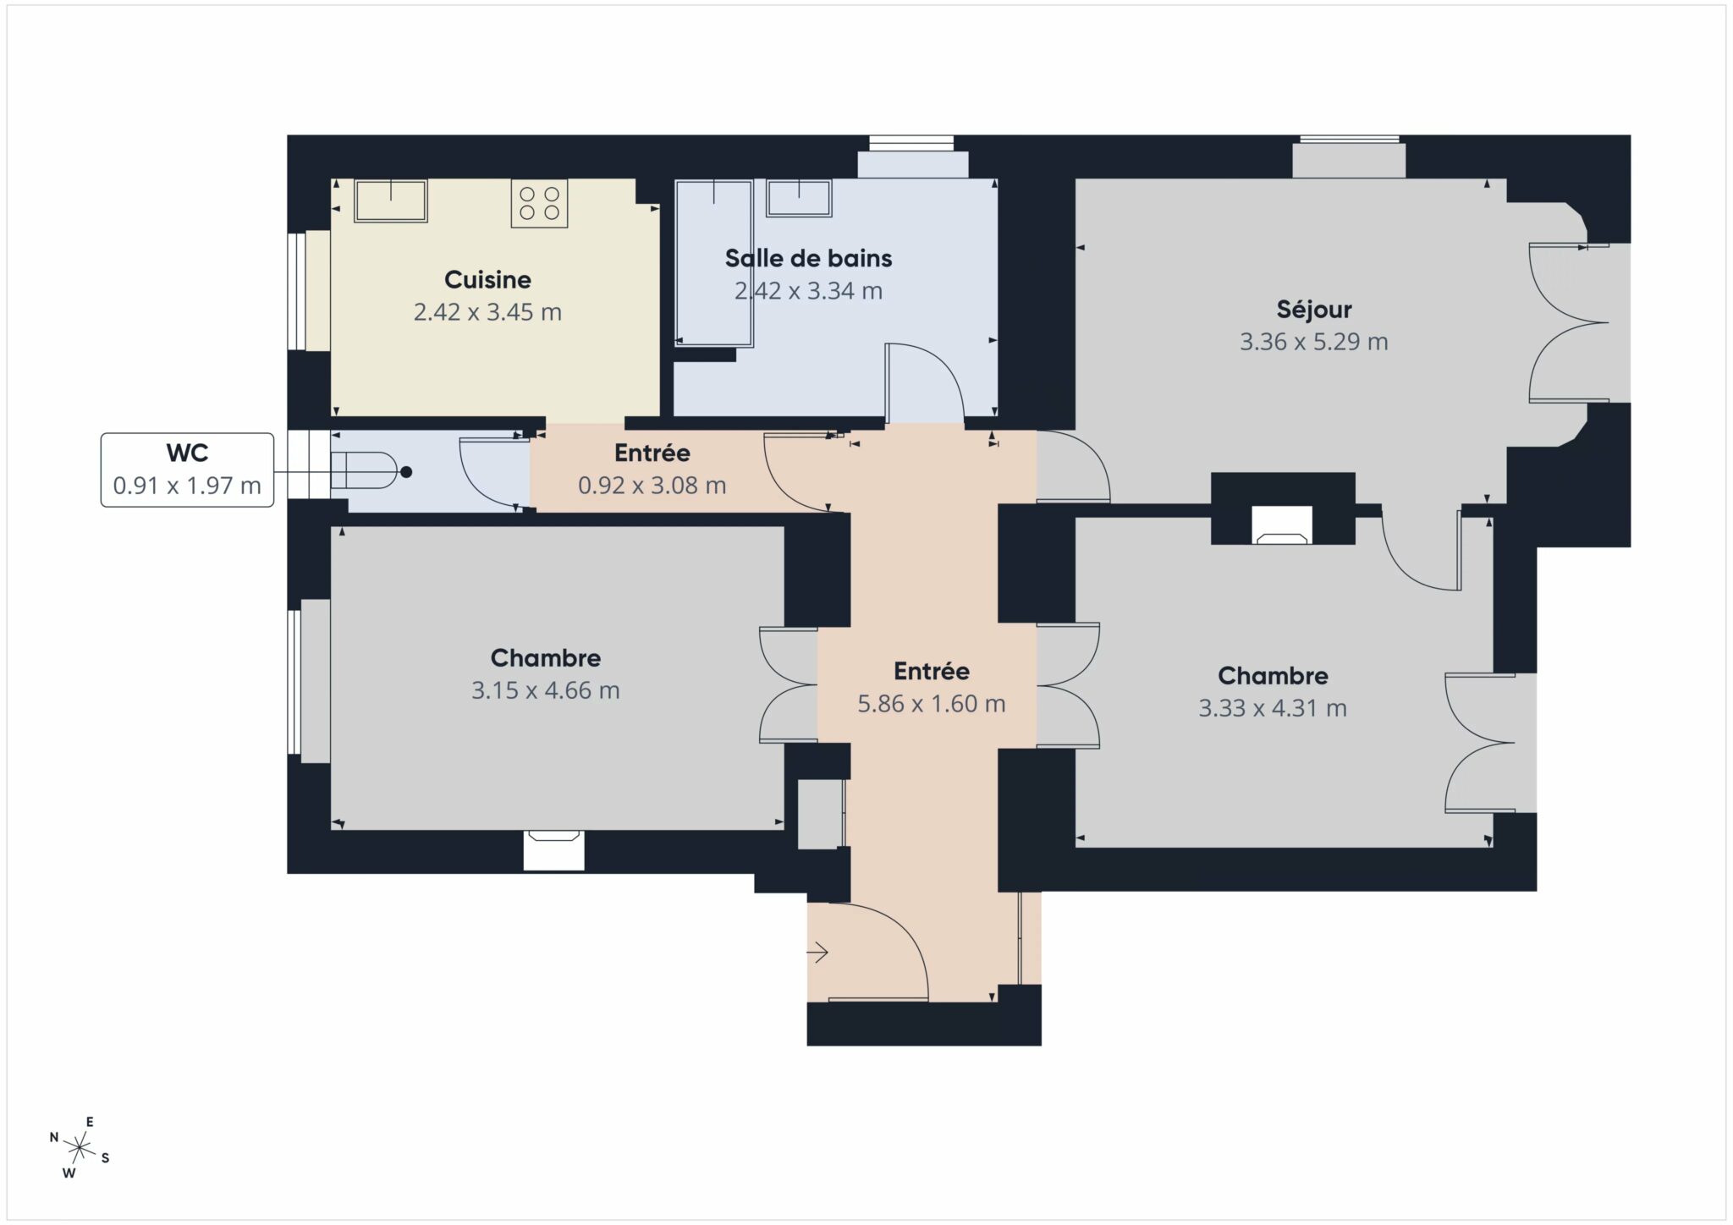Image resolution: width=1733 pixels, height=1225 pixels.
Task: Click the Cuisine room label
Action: click(487, 279)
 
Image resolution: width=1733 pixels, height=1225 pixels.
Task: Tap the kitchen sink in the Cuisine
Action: click(390, 201)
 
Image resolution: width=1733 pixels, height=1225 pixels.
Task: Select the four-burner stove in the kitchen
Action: click(539, 203)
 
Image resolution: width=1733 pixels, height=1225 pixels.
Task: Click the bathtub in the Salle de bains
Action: click(714, 263)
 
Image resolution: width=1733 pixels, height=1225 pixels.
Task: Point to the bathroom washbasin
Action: click(799, 198)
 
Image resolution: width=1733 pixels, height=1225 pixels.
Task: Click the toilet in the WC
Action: click(363, 470)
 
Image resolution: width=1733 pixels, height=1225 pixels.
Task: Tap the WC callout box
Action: click(187, 470)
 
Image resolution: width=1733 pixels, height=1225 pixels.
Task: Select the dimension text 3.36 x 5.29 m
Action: click(1313, 342)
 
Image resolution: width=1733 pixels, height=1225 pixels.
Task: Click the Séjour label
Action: click(1314, 309)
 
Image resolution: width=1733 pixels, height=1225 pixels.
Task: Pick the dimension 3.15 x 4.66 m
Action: click(545, 690)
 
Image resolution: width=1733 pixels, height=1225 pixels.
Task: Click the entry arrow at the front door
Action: click(817, 953)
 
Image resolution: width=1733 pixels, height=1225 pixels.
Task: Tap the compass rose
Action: click(80, 1148)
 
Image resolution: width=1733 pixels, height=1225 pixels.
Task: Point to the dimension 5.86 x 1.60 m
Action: click(931, 704)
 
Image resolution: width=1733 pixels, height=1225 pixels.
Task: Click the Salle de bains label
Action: click(808, 258)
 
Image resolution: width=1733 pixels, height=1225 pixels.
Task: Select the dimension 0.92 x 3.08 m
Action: click(652, 486)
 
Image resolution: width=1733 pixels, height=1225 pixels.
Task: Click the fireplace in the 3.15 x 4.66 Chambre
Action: click(553, 850)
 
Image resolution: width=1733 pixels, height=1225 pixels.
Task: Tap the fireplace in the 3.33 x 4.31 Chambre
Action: click(1282, 525)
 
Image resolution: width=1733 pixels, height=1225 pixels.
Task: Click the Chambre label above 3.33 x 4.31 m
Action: click(1273, 675)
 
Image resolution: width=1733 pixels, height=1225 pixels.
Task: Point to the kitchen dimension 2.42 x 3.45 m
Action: click(487, 312)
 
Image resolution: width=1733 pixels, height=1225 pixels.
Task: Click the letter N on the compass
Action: click(54, 1137)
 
